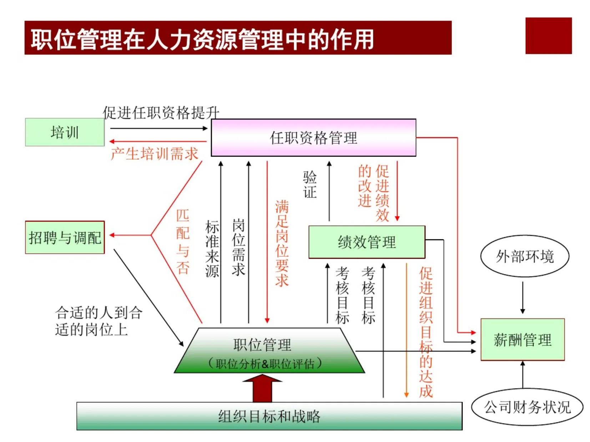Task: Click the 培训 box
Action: (65, 132)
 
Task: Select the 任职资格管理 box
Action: (313, 137)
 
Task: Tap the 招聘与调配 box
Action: (65, 237)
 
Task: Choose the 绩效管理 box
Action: (367, 242)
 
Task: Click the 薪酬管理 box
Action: (523, 339)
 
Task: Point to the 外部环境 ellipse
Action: (525, 256)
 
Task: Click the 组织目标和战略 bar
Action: (269, 416)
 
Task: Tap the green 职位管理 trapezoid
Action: (269, 351)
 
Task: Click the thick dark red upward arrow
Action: (262, 388)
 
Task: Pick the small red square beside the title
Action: (549, 36)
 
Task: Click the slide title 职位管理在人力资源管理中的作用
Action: (202, 39)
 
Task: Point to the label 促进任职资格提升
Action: (161, 112)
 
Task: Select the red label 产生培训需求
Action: (154, 154)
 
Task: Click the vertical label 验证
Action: (310, 184)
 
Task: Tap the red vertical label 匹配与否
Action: (183, 242)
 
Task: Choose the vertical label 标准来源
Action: (212, 249)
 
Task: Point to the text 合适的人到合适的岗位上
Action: (99, 321)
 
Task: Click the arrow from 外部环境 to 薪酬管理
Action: (523, 298)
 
